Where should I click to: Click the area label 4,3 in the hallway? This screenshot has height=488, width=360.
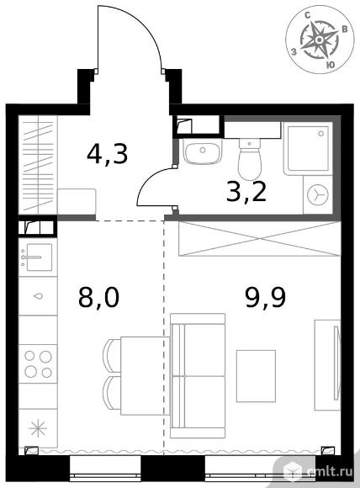[108, 154]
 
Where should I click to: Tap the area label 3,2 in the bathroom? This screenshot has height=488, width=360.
[246, 192]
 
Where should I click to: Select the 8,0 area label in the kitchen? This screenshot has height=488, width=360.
[98, 297]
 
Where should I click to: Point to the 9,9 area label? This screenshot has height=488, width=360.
[266, 297]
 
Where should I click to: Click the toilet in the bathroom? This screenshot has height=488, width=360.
[250, 159]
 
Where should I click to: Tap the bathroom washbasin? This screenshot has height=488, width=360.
[202, 151]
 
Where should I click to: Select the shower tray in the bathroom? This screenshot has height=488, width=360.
[308, 148]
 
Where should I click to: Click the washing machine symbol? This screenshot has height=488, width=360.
[318, 194]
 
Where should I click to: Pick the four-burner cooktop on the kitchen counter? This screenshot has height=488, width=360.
[38, 363]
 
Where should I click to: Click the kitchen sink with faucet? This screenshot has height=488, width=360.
[38, 257]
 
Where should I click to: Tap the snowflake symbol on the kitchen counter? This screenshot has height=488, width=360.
[38, 428]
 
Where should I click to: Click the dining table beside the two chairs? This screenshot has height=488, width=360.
[145, 375]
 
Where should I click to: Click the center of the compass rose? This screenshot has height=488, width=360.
[319, 40]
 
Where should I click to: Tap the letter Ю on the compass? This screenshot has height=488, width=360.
[331, 65]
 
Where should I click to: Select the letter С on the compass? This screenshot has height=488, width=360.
[308, 15]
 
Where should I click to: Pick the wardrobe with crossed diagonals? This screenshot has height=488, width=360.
[260, 239]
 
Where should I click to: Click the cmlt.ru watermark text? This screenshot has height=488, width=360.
[330, 471]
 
